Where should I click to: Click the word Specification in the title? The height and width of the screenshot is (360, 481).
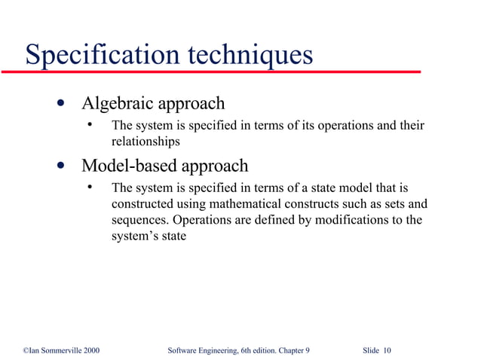point(100,55)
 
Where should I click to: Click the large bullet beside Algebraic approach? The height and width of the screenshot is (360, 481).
point(60,103)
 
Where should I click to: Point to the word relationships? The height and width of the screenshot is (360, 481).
point(146,141)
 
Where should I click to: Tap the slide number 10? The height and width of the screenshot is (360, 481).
point(387,351)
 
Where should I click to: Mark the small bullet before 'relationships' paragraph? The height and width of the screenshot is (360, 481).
point(89,124)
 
